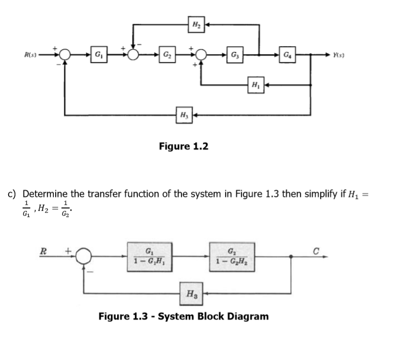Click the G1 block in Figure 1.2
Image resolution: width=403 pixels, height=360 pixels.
(x=98, y=53)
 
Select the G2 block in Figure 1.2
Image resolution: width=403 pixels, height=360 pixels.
(x=166, y=53)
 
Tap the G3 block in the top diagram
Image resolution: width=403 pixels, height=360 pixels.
(x=235, y=53)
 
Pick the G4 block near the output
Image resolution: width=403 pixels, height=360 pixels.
(x=287, y=53)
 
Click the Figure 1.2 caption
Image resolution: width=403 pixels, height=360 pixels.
(x=184, y=146)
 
